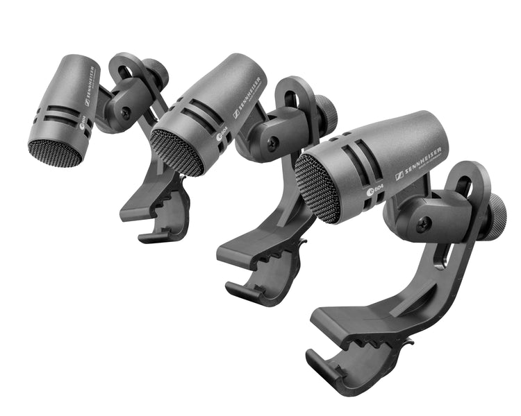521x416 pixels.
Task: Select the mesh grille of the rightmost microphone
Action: click(317, 188)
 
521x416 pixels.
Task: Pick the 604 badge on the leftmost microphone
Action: click(84, 125)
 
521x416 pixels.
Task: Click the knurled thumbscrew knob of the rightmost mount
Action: click(497, 217)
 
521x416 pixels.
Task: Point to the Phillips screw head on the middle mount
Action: click(273, 141)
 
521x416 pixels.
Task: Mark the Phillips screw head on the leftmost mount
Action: click(125, 110)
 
